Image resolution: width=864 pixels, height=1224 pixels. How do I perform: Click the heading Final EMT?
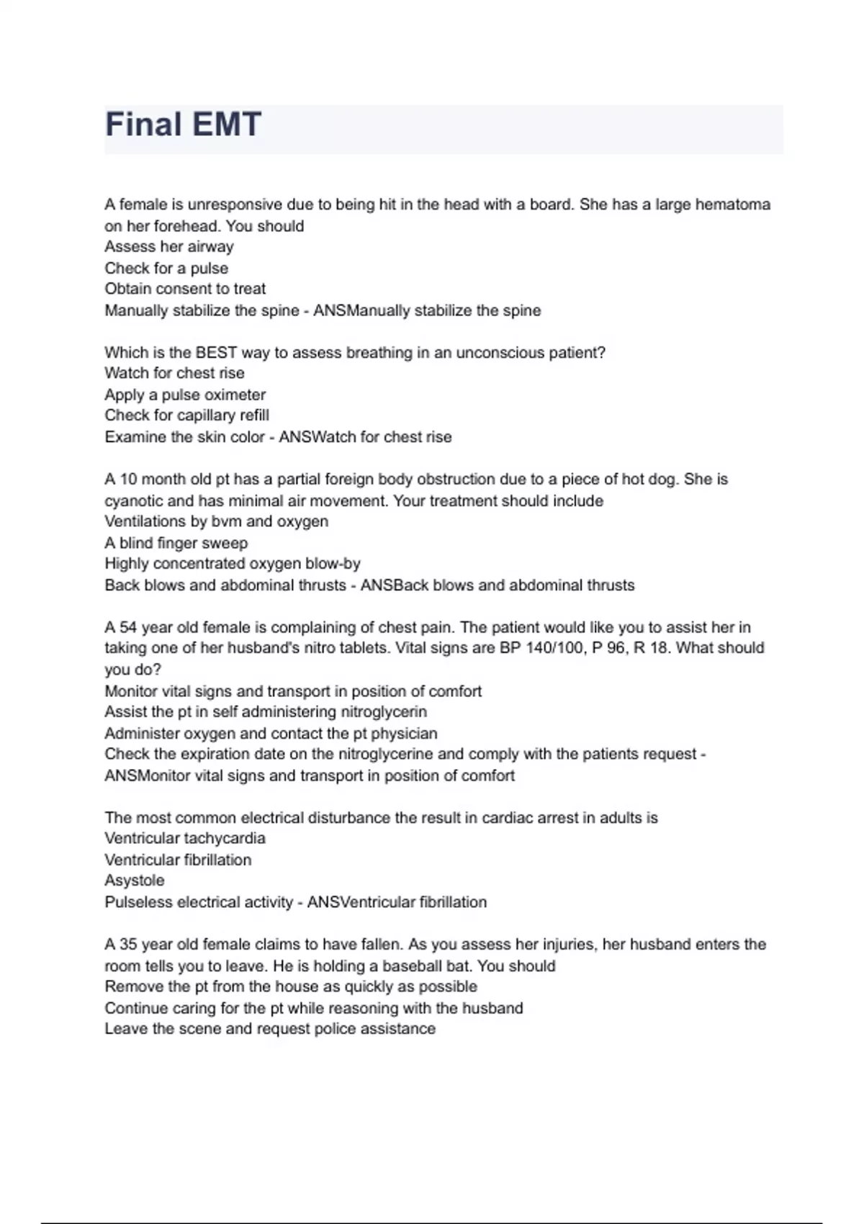tap(183, 125)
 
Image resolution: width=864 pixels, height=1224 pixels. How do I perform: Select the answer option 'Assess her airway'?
tap(169, 247)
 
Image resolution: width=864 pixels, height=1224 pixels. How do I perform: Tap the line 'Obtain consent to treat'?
tap(185, 289)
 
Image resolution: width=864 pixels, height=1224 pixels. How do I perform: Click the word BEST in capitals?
tap(216, 353)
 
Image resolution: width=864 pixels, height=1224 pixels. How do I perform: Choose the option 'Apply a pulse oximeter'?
tap(185, 395)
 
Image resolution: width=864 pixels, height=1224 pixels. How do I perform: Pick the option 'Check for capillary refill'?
tap(186, 415)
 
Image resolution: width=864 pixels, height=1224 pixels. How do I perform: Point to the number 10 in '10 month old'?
tap(128, 480)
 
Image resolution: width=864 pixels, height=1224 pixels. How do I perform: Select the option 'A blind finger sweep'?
tap(176, 543)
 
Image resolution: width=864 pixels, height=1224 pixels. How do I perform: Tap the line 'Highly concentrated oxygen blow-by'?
tap(233, 564)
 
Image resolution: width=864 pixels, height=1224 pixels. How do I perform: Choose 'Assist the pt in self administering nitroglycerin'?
tap(266, 712)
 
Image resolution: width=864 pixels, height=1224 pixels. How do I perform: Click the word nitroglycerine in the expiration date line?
tap(385, 755)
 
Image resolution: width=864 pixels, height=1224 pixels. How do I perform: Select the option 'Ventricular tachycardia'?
tap(185, 839)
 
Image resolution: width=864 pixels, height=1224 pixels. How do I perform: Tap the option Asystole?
tap(135, 881)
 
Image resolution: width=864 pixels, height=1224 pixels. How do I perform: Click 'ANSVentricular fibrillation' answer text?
tap(397, 902)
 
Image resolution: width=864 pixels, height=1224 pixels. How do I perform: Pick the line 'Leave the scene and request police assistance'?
tap(270, 1029)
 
